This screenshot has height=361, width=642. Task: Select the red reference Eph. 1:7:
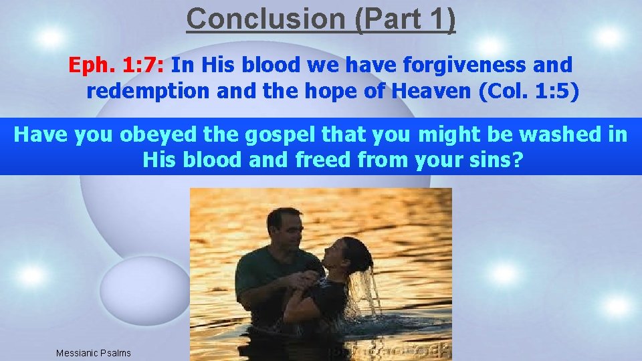click(x=120, y=65)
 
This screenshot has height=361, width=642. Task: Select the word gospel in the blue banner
click(x=276, y=135)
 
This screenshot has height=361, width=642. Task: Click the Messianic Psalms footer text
click(x=94, y=353)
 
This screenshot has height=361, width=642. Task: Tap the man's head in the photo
click(x=284, y=227)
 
